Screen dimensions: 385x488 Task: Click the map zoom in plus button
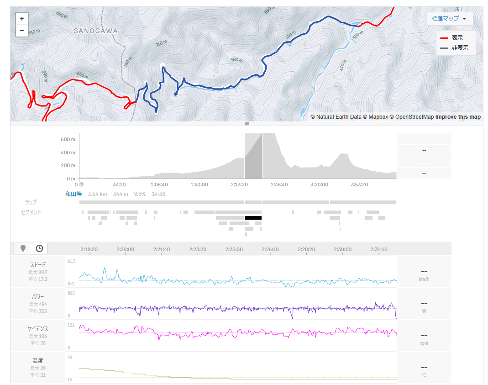22,19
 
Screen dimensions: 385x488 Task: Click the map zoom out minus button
22,31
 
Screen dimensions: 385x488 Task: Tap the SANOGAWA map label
96,31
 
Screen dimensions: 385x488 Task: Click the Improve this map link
458,117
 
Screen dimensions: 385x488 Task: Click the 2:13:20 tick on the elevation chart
239,185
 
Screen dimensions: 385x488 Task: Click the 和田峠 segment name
73,194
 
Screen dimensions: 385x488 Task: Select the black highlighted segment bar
253,218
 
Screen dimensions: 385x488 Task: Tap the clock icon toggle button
40,248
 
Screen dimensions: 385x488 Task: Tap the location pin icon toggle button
23,248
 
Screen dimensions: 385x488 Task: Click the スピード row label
38,264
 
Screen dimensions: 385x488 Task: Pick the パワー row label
38,296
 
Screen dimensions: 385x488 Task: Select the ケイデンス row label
38,328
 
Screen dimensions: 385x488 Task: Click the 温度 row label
38,360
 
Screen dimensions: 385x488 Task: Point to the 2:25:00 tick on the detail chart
234,249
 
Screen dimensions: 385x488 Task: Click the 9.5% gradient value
140,194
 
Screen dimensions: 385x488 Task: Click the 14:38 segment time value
158,194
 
